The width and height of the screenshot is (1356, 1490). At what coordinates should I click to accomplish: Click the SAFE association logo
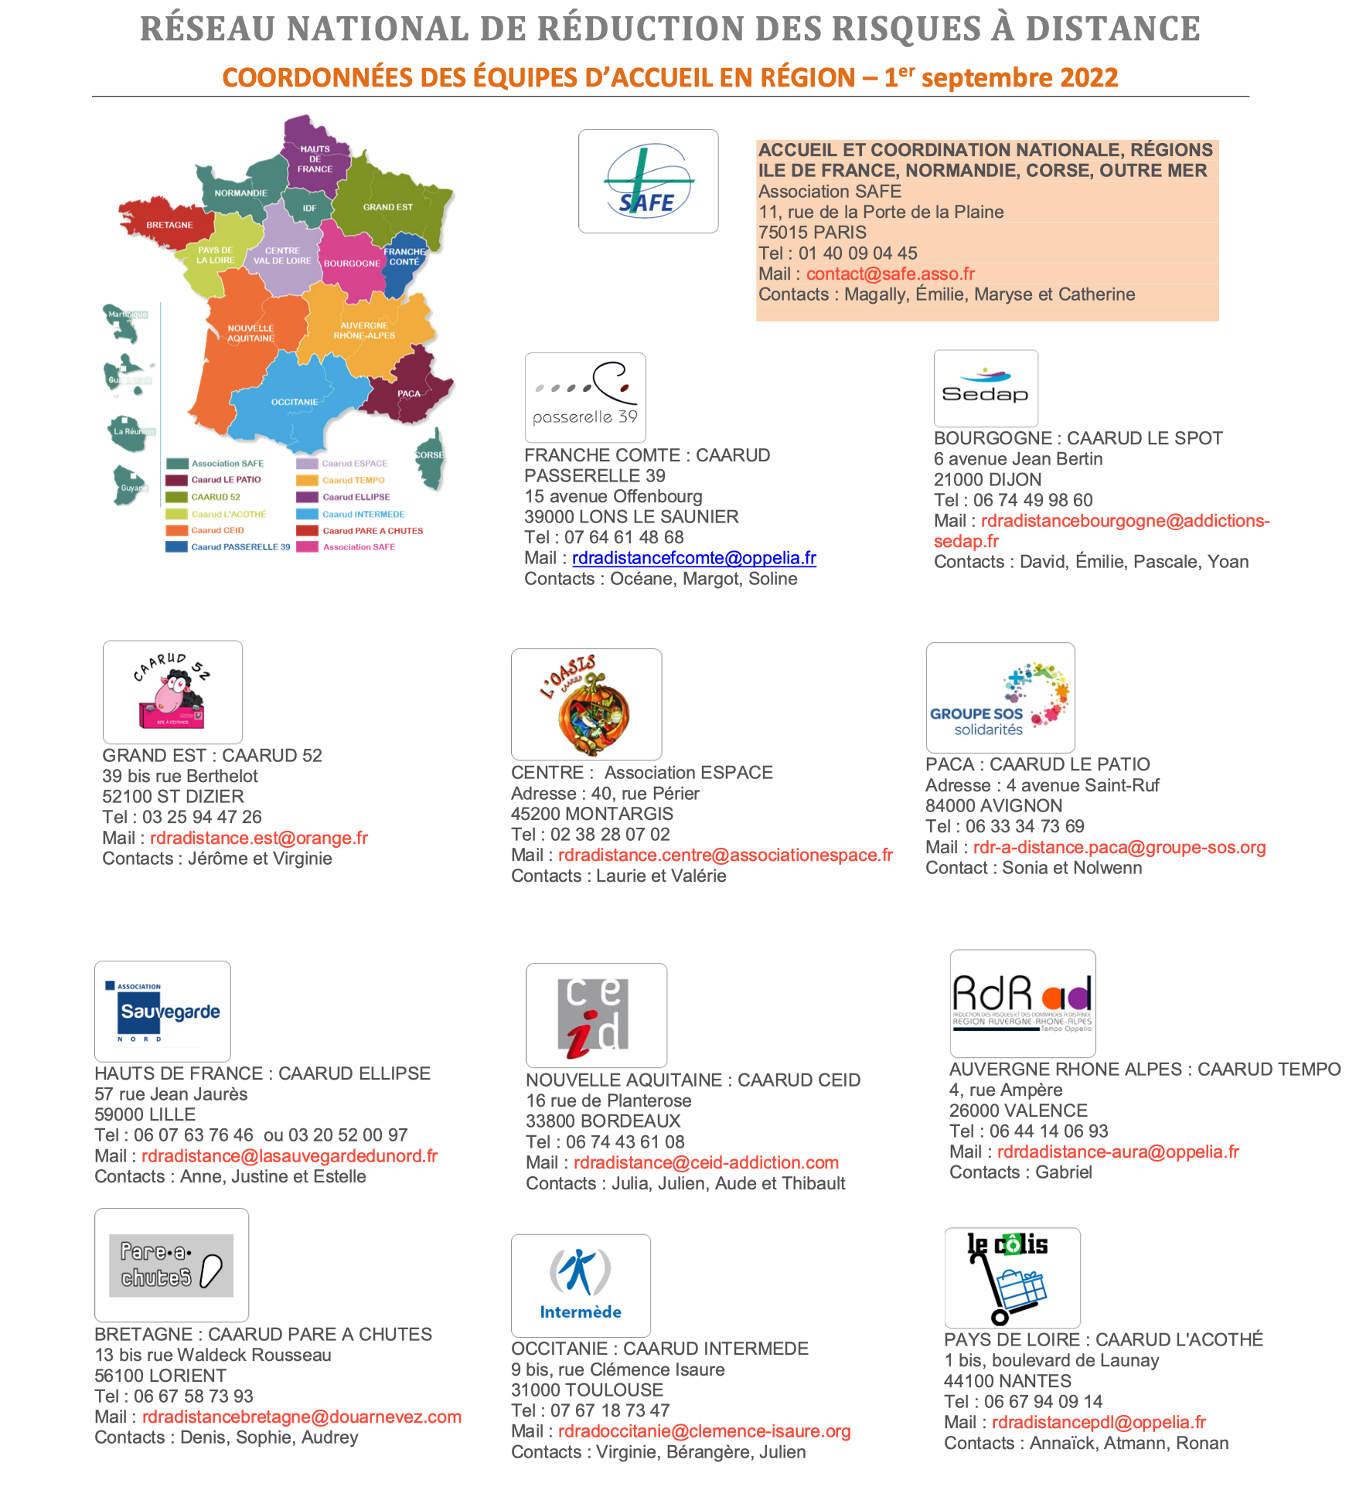(x=648, y=181)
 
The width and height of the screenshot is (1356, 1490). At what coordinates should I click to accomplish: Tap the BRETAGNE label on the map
(x=169, y=225)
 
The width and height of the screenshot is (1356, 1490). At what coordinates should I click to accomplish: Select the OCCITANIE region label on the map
(x=294, y=402)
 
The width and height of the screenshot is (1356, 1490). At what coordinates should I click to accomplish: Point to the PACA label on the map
(x=409, y=393)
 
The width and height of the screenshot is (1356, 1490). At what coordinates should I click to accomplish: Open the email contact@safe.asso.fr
(x=890, y=274)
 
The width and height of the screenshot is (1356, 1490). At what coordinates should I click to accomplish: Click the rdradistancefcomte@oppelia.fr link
(x=693, y=558)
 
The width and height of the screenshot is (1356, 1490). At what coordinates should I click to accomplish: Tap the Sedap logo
(x=986, y=388)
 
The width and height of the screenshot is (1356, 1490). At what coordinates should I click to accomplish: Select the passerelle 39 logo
(x=585, y=397)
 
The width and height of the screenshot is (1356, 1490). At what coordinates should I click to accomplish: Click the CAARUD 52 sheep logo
(x=172, y=692)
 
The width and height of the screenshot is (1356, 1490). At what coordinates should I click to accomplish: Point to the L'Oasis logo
(x=586, y=704)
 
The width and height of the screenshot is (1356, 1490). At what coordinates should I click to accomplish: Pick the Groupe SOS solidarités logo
(x=1000, y=698)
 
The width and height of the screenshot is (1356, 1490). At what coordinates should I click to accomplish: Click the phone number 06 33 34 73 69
(x=1024, y=826)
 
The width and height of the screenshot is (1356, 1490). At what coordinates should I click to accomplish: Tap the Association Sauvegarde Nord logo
(x=162, y=1011)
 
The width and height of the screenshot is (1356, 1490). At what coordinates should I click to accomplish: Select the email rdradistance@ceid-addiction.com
(x=706, y=1162)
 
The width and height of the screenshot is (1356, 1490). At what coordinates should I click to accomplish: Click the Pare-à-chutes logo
(x=171, y=1265)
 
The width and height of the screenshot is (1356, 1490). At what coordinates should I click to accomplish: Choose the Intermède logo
(x=581, y=1285)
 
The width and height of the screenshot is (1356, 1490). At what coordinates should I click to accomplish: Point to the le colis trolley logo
(x=1012, y=1277)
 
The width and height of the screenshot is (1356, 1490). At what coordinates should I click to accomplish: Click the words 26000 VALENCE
(x=1018, y=1111)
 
